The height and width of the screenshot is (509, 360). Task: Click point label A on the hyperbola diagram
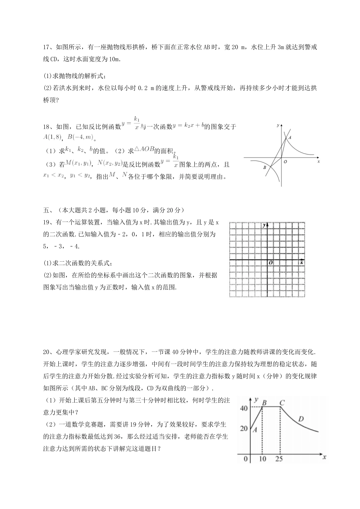pyautogui.click(x=290, y=138)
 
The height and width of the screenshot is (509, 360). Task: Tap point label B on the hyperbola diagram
pyautogui.click(x=265, y=167)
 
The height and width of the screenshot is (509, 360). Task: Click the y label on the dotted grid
pyautogui.click(x=264, y=225)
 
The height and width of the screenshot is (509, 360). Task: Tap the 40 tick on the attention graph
pyautogui.click(x=244, y=408)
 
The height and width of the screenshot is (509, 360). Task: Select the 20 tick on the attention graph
pyautogui.click(x=244, y=429)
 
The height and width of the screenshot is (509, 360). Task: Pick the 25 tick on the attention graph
pyautogui.click(x=280, y=459)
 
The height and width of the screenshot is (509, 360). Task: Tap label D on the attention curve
pyautogui.click(x=301, y=419)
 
